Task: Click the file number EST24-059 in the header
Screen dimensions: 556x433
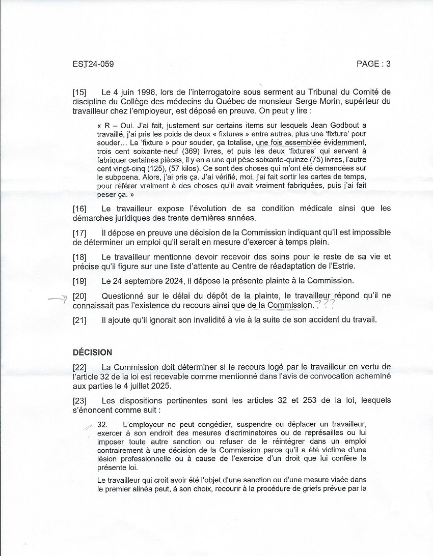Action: coord(93,64)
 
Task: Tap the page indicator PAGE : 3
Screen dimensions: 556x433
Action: coord(373,64)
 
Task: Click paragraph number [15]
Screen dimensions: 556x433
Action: coord(79,93)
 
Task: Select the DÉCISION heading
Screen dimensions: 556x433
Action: coord(92,352)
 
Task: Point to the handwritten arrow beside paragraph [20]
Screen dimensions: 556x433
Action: coord(58,299)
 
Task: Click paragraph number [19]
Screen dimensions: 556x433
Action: coord(79,280)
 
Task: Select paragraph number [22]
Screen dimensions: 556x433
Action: coord(79,367)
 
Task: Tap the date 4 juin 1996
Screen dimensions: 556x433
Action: coord(127,93)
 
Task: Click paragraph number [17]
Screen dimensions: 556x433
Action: coord(79,232)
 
